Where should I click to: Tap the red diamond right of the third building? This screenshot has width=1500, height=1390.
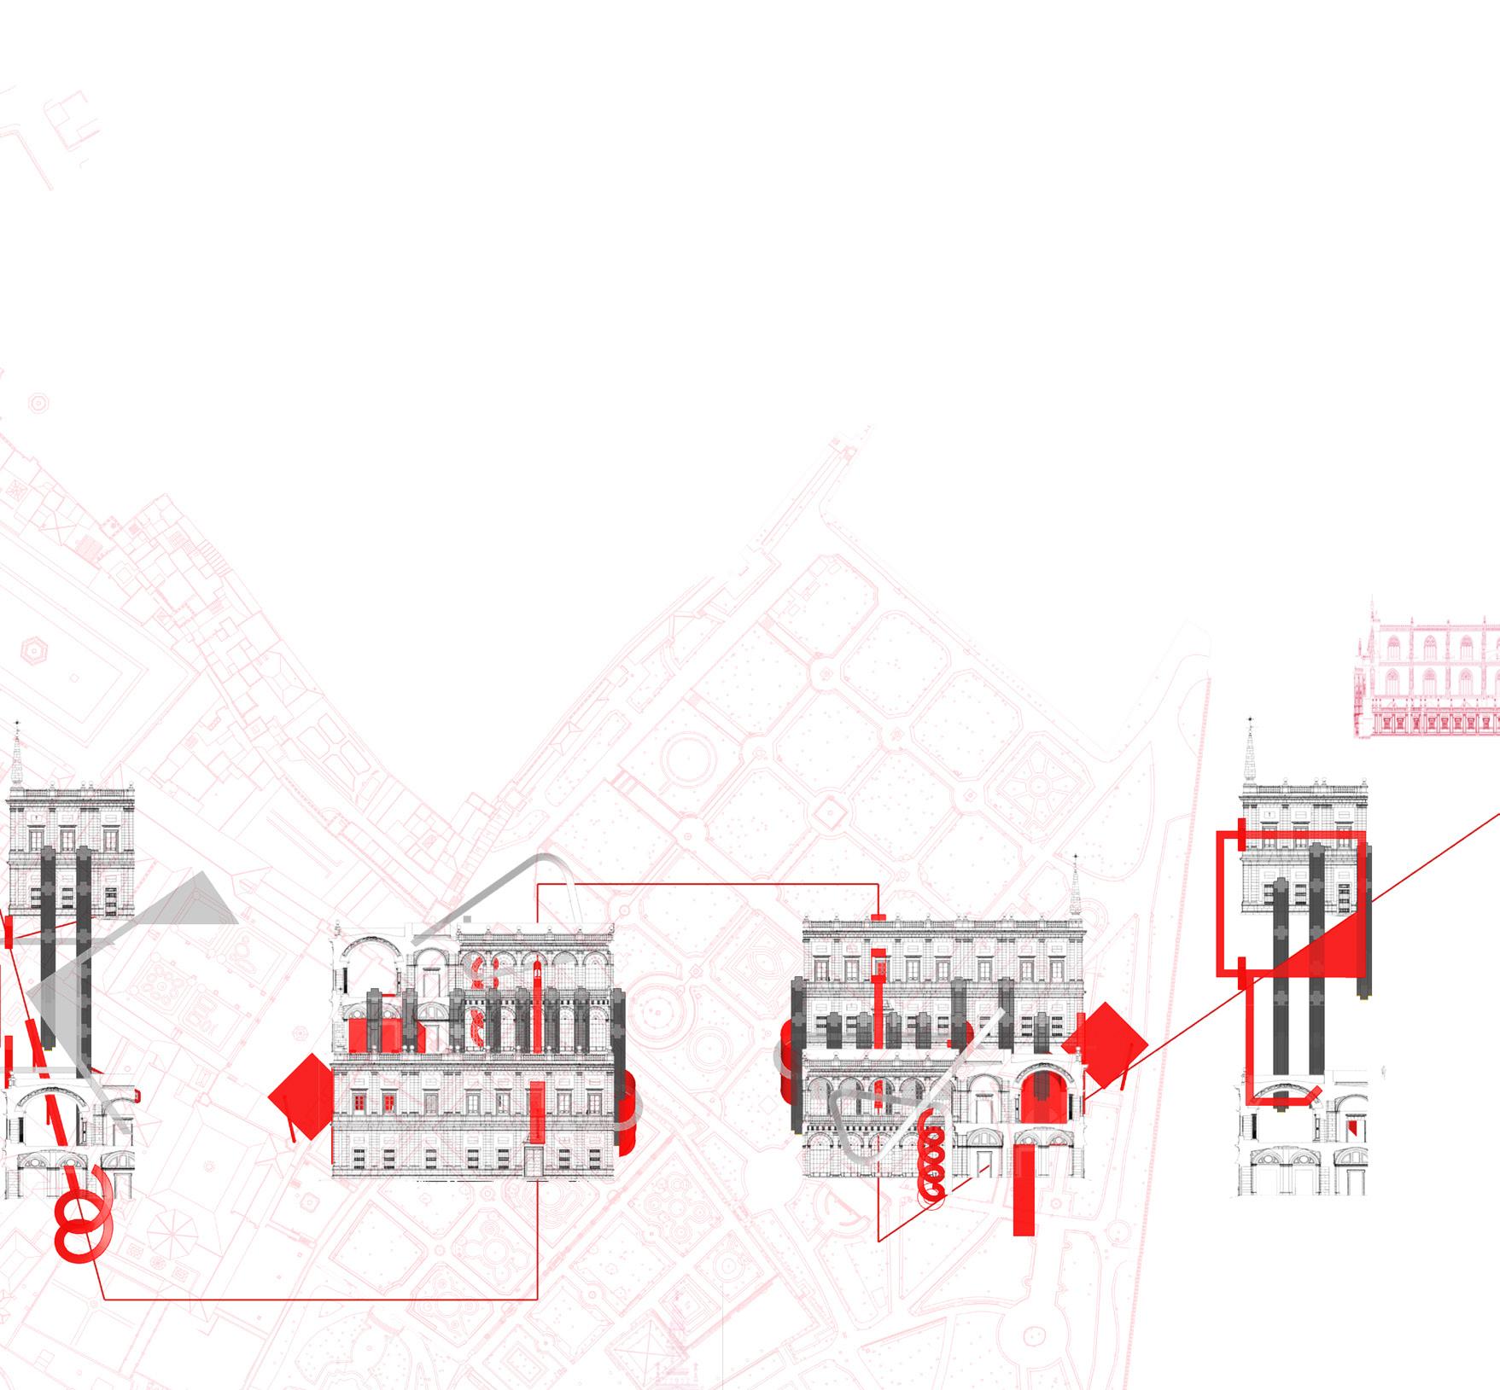coord(1106,1045)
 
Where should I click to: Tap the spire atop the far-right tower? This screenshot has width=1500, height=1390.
coord(1251,751)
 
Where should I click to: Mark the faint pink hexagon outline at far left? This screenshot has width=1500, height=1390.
coord(36,653)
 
